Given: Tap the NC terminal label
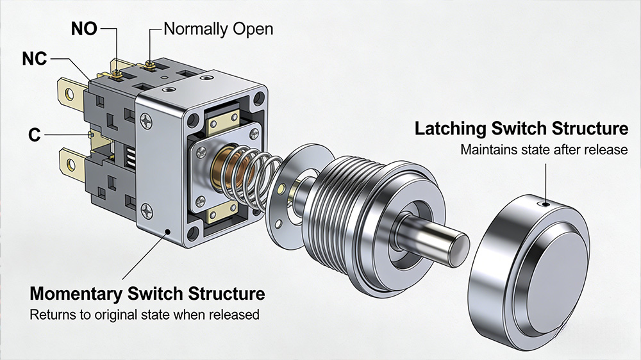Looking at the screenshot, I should tap(34, 58).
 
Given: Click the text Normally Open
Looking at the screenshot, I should tap(218, 29).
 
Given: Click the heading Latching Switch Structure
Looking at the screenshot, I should tap(521, 129).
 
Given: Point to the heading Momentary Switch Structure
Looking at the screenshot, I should tap(147, 295).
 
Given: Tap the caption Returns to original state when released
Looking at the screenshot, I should tap(144, 315).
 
